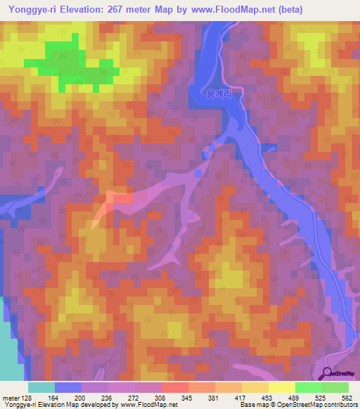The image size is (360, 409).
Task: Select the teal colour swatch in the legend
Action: point(41,387)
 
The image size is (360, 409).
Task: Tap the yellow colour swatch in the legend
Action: point(281,387)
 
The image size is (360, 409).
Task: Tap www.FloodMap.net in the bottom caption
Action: point(148,405)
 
